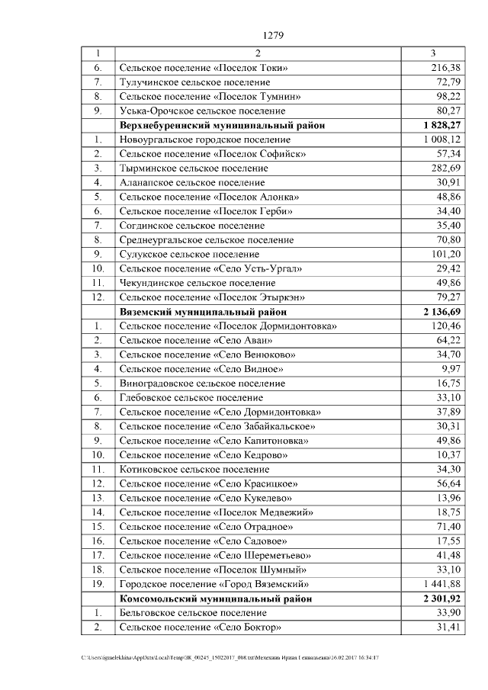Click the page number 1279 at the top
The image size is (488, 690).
pos(272,35)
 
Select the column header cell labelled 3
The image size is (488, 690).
pos(433,53)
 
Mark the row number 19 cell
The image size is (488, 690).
pos(98,584)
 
